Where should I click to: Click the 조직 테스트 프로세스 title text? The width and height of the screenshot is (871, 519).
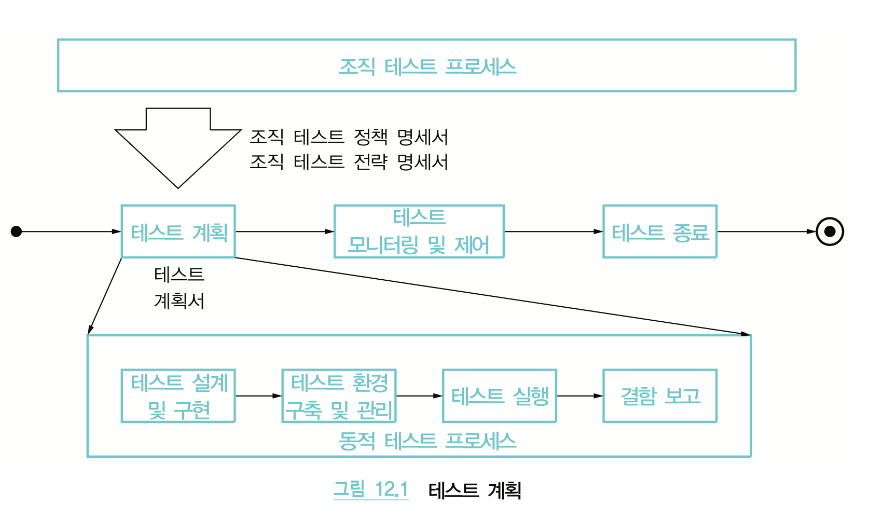pos(427,66)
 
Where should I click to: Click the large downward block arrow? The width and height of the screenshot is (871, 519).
pos(178,145)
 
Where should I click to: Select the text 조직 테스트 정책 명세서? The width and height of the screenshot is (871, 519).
pos(349,137)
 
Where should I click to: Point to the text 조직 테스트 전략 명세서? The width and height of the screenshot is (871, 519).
pos(349,162)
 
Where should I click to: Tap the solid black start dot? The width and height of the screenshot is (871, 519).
pos(17,231)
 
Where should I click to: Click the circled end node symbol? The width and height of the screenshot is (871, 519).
pos(829,231)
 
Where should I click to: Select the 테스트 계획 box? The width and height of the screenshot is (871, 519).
pos(178,231)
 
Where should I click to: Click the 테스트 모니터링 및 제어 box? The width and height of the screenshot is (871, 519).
pos(419,231)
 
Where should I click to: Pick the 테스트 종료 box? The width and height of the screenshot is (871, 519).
pos(660,231)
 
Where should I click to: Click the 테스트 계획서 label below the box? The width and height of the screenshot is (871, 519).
pos(179,288)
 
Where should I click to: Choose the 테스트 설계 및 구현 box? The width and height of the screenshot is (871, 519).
pos(178,396)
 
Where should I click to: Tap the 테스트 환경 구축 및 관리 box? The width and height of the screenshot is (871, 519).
pos(339,396)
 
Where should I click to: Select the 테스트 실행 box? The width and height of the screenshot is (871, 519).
pos(500,396)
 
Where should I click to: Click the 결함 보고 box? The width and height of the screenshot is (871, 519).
pos(660,396)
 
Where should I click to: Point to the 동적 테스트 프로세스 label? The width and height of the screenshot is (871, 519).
pos(427,441)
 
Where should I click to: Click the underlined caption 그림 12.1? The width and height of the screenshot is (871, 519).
pos(371,489)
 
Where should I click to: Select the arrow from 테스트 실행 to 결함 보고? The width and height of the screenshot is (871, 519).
pos(579,396)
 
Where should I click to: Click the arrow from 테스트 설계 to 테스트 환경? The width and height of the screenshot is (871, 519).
pos(258,396)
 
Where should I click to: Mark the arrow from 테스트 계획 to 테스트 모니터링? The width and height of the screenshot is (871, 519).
pos(284,231)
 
